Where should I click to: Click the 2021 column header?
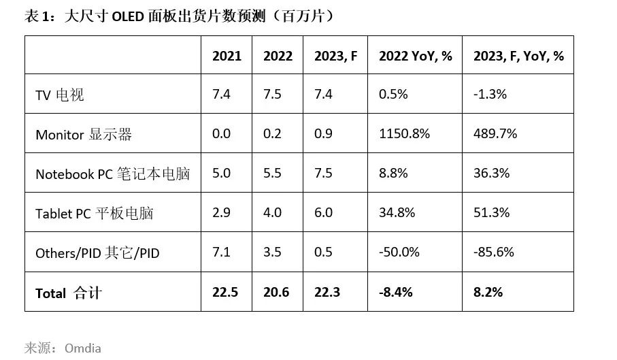[227, 56]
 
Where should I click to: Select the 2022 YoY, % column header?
[415, 56]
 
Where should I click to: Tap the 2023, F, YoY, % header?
[518, 56]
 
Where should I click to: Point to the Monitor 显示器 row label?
[83, 135]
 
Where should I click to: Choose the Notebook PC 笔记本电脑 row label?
[112, 174]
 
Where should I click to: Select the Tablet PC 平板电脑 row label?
[94, 214]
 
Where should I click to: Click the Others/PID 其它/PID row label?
[97, 253]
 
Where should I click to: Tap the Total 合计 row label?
[68, 293]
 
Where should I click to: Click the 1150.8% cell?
[404, 133]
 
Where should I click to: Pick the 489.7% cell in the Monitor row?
[495, 133]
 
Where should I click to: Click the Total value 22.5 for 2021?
[225, 292]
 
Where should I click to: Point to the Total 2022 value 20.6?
[276, 292]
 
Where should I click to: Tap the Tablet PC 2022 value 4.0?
[272, 212]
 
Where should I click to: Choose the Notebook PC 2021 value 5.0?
[221, 173]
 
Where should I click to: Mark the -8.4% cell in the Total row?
[395, 292]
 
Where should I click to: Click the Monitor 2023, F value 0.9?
[323, 133]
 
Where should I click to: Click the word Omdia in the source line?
[83, 348]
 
